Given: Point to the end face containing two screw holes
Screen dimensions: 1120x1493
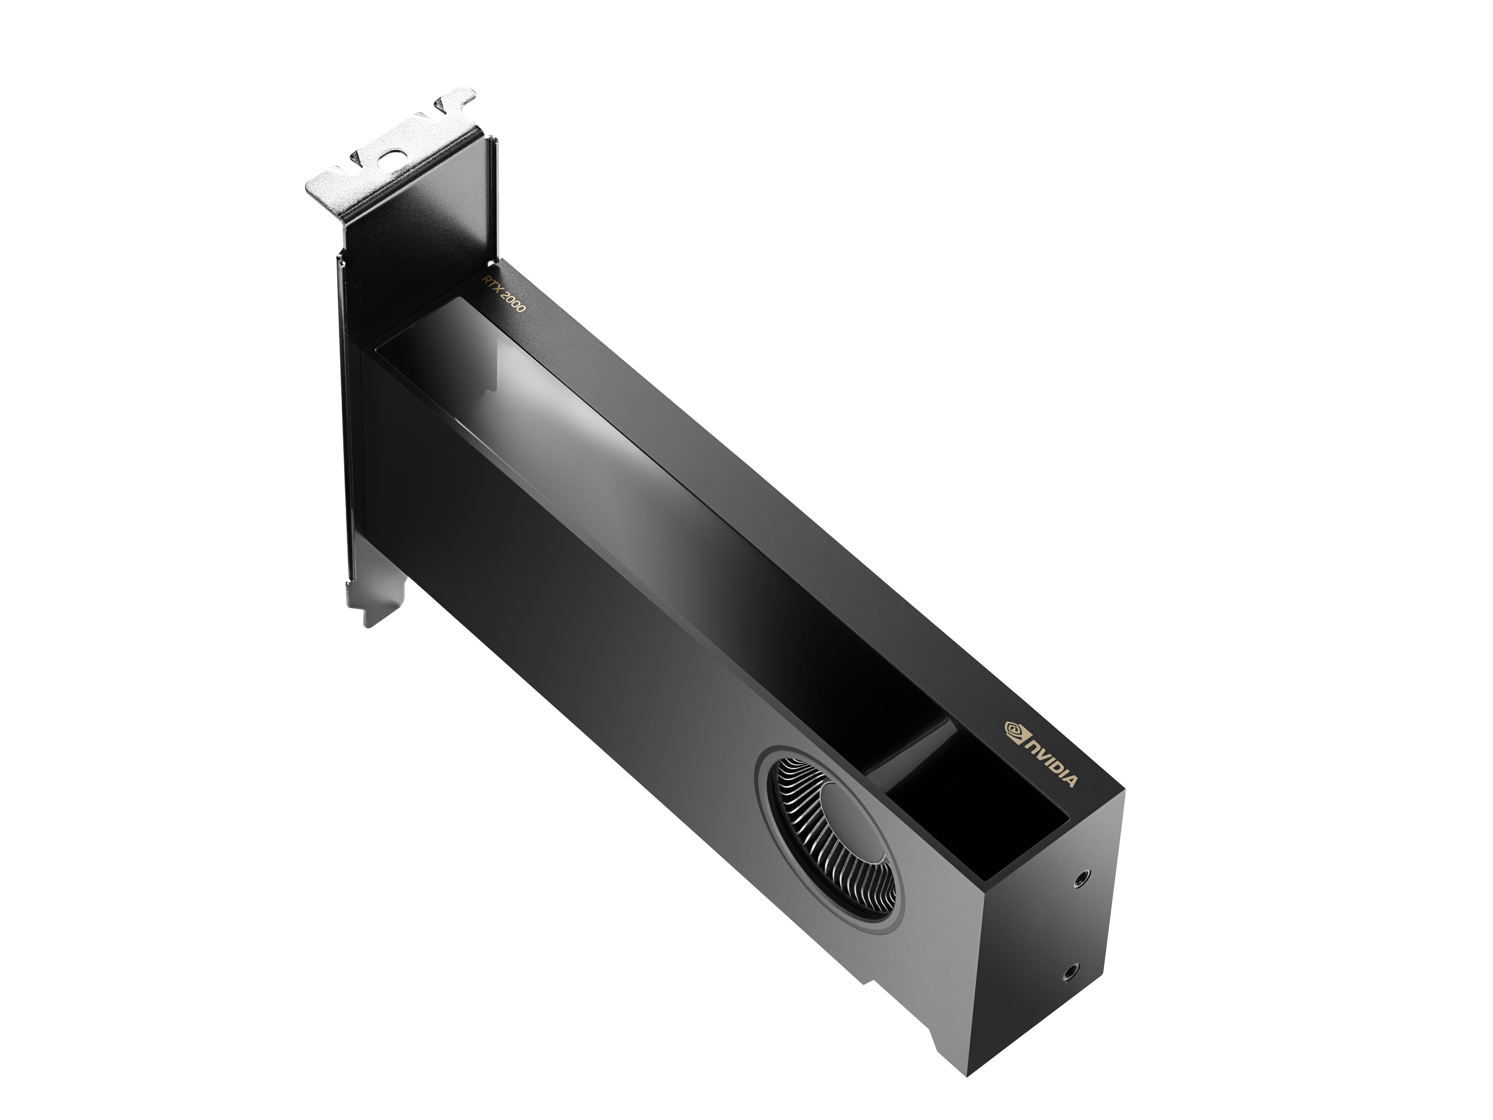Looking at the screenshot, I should click(x=1053, y=945).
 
